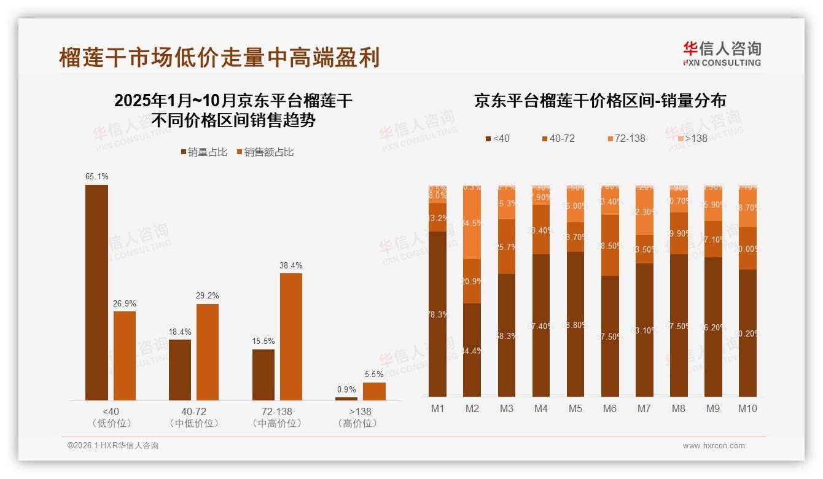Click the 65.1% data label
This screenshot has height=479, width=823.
(96, 177)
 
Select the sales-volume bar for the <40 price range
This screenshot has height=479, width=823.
(96, 292)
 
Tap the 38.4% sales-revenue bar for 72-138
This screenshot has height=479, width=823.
(291, 337)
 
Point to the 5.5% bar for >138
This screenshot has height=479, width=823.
(374, 391)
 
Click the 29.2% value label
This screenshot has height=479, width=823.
(208, 296)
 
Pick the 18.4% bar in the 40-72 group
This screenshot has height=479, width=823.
(180, 370)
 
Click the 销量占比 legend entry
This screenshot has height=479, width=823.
(204, 152)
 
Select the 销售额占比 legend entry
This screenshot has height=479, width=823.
(265, 152)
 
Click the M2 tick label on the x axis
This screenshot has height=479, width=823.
(472, 409)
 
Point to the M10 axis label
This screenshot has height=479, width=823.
(747, 409)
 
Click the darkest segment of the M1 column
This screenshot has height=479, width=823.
(437, 314)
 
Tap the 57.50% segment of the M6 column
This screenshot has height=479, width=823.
(609, 336)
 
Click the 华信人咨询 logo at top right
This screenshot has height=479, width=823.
(722, 53)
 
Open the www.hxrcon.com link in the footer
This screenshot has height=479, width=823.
(714, 446)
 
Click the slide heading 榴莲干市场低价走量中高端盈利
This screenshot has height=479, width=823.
(219, 57)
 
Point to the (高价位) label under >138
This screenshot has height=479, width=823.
(357, 424)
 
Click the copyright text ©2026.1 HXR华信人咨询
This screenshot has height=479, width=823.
(113, 446)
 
